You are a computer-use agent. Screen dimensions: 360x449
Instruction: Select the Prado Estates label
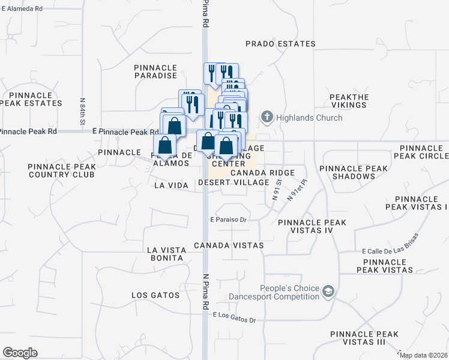pyautogui.click(x=280, y=44)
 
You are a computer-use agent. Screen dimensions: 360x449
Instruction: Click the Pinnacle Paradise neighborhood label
pyautogui.click(x=155, y=71)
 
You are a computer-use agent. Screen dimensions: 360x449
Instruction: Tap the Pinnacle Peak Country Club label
pyautogui.click(x=61, y=170)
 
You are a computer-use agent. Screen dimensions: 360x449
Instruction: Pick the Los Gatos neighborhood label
pyautogui.click(x=155, y=295)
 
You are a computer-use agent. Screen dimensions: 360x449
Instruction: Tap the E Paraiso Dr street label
pyautogui.click(x=229, y=220)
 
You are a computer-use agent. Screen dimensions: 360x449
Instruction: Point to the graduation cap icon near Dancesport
pyautogui.click(x=328, y=292)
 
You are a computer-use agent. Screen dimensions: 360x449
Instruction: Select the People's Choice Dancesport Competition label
pyautogui.click(x=273, y=292)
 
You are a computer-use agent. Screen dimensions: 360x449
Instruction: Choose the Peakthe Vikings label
pyautogui.click(x=348, y=101)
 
